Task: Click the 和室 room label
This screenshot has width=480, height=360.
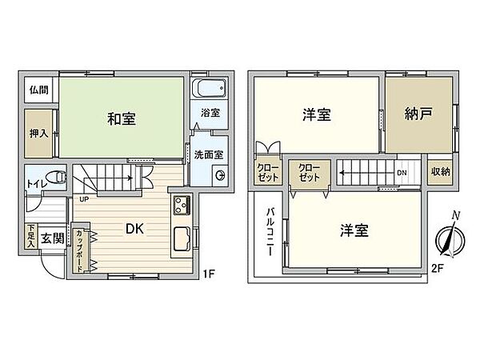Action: pyautogui.click(x=122, y=120)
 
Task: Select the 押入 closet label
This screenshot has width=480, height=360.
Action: pyautogui.click(x=38, y=132)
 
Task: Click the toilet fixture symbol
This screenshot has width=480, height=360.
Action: pyautogui.click(x=54, y=178)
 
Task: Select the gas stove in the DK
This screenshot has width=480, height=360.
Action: pyautogui.click(x=181, y=204)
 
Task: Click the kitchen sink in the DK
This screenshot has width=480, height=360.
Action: pyautogui.click(x=181, y=241)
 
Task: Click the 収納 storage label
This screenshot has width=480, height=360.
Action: pyautogui.click(x=440, y=172)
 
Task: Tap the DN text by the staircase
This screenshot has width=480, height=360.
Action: pyautogui.click(x=402, y=172)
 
